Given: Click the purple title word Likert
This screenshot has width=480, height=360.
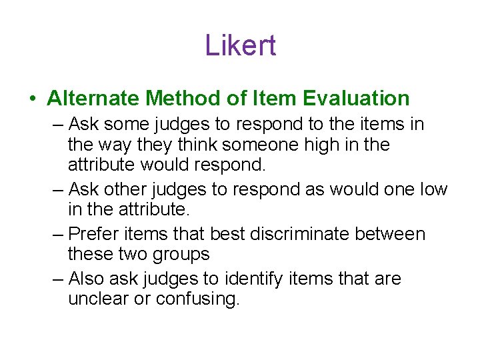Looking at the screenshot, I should [x=240, y=45].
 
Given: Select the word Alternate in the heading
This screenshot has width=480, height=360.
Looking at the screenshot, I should [x=93, y=99].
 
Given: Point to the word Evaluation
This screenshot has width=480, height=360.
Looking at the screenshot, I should [x=356, y=99].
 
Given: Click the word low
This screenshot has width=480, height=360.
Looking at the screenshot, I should [x=433, y=189].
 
